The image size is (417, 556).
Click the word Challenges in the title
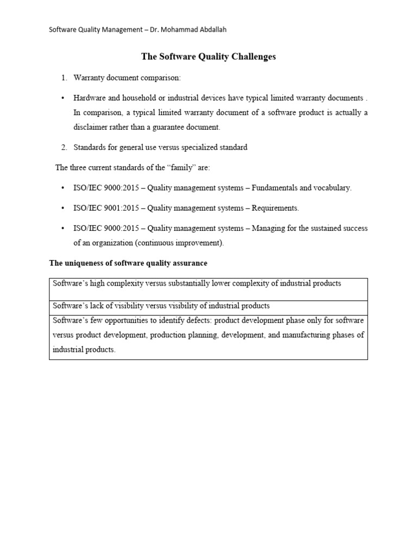coord(252,56)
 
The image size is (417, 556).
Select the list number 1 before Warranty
coord(64,78)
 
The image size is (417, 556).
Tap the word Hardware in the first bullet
coord(90,98)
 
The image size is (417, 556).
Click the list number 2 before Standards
coord(64,148)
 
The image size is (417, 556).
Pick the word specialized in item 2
coord(206,148)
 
